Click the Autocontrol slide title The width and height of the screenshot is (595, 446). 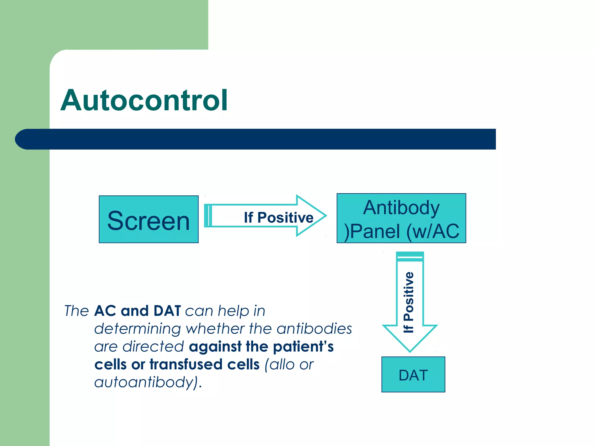tap(144, 100)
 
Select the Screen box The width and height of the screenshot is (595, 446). tap(148, 220)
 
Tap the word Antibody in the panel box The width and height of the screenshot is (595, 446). tap(401, 208)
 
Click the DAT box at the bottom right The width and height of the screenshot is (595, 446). tap(413, 375)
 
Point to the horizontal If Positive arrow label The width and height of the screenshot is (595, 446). tap(278, 218)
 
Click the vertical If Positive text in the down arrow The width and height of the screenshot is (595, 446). tap(409, 302)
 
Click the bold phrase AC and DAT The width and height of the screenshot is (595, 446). tap(137, 311)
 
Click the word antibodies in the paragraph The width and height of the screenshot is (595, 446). tap(314, 329)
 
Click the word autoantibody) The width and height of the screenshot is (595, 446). tap(148, 382)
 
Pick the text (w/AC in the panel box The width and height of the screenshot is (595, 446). tap(433, 232)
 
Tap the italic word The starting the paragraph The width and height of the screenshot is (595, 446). tap(76, 311)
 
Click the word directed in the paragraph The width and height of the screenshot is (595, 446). tap(153, 347)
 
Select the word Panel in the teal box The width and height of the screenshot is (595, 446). tap(375, 232)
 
